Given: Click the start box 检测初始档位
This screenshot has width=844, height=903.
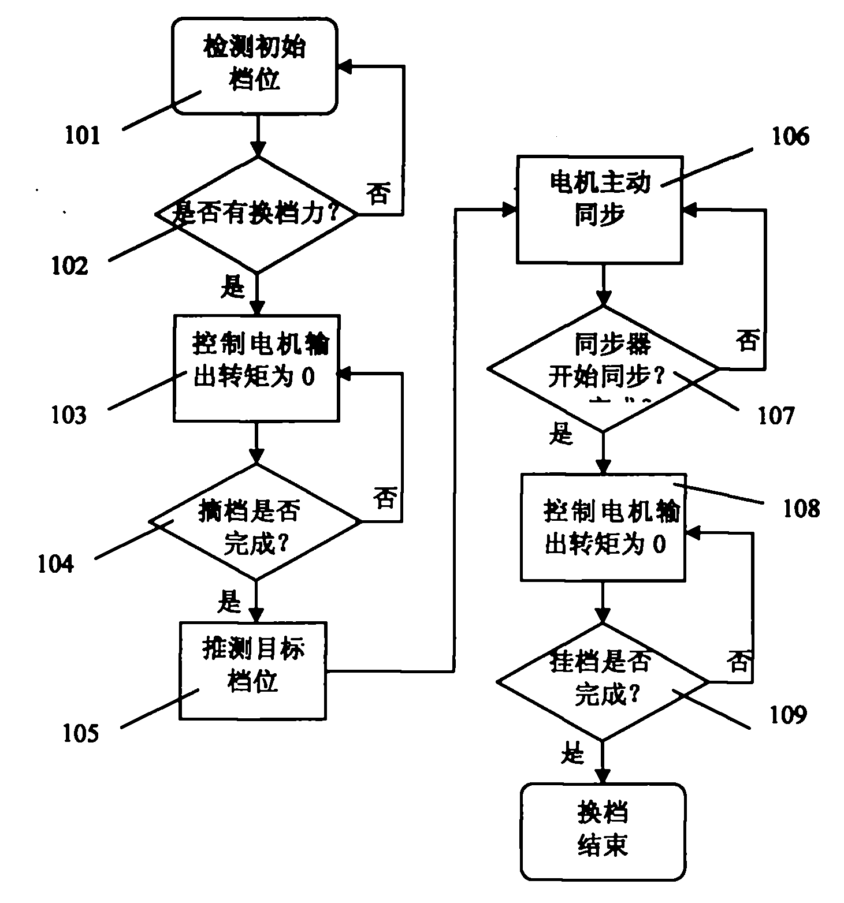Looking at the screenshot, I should (255, 66).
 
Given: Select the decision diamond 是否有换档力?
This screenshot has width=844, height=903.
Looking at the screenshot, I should (256, 215).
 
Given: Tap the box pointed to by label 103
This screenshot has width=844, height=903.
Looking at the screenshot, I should (256, 368).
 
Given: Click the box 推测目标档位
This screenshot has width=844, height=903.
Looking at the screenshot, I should (253, 670).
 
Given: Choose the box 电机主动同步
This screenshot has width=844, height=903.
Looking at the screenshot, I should (600, 209).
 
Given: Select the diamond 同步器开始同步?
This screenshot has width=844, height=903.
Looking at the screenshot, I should (604, 368).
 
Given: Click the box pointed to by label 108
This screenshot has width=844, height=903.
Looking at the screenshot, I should (603, 527).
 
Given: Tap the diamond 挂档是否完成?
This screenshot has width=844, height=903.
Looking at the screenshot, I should (603, 682).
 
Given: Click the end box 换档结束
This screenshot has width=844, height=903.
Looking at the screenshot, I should (603, 831).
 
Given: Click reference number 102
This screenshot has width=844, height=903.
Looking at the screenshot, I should (69, 266).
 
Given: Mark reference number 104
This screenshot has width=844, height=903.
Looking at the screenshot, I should (56, 564).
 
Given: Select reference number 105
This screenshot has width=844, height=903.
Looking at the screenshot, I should (81, 734).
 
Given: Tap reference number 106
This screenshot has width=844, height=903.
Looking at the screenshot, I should (791, 137).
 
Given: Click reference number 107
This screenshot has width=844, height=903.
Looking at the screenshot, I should (776, 415).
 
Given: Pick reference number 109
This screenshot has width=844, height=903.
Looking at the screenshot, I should (788, 715).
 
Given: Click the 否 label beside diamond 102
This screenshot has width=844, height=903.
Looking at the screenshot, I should (378, 193).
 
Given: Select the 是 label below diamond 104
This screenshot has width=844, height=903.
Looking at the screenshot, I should (229, 602).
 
